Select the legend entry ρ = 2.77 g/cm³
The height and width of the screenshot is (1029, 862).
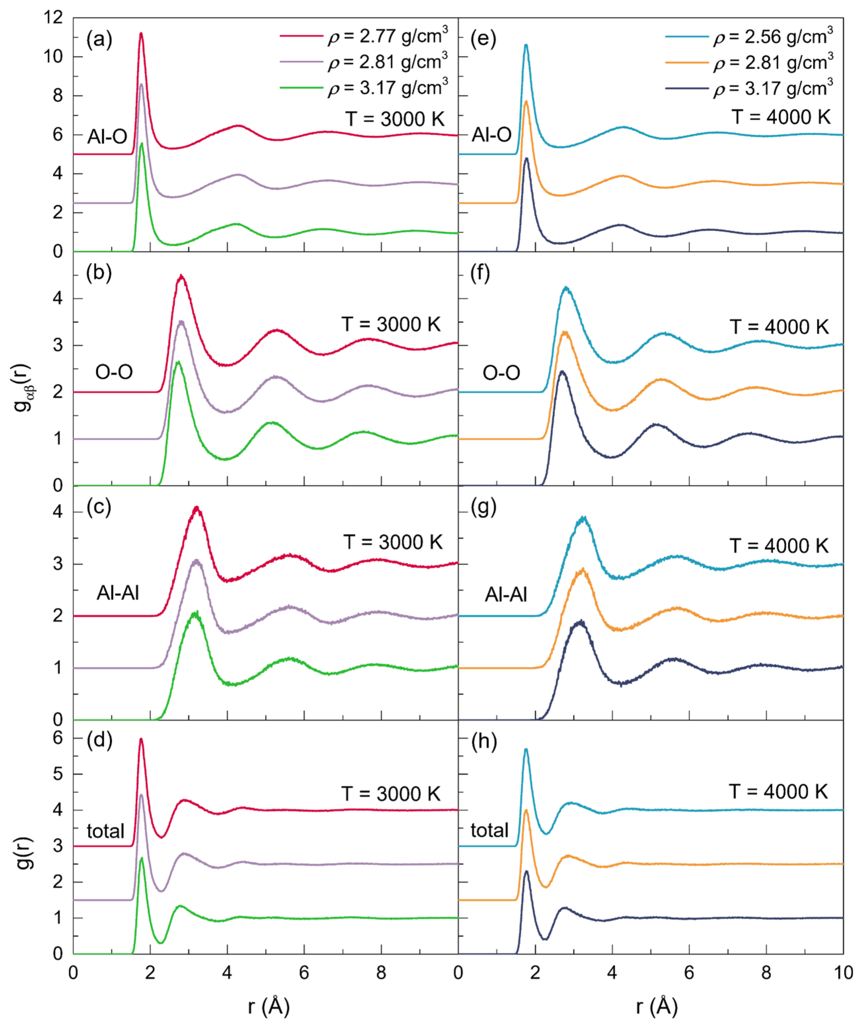point(387,36)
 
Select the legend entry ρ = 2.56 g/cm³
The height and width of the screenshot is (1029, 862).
point(773,37)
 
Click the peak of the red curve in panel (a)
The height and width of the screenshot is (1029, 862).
point(141,33)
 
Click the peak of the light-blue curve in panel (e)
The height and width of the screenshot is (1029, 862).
point(526,45)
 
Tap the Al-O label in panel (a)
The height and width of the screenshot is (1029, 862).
point(107,137)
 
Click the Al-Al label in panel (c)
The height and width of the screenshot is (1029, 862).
point(118,593)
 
